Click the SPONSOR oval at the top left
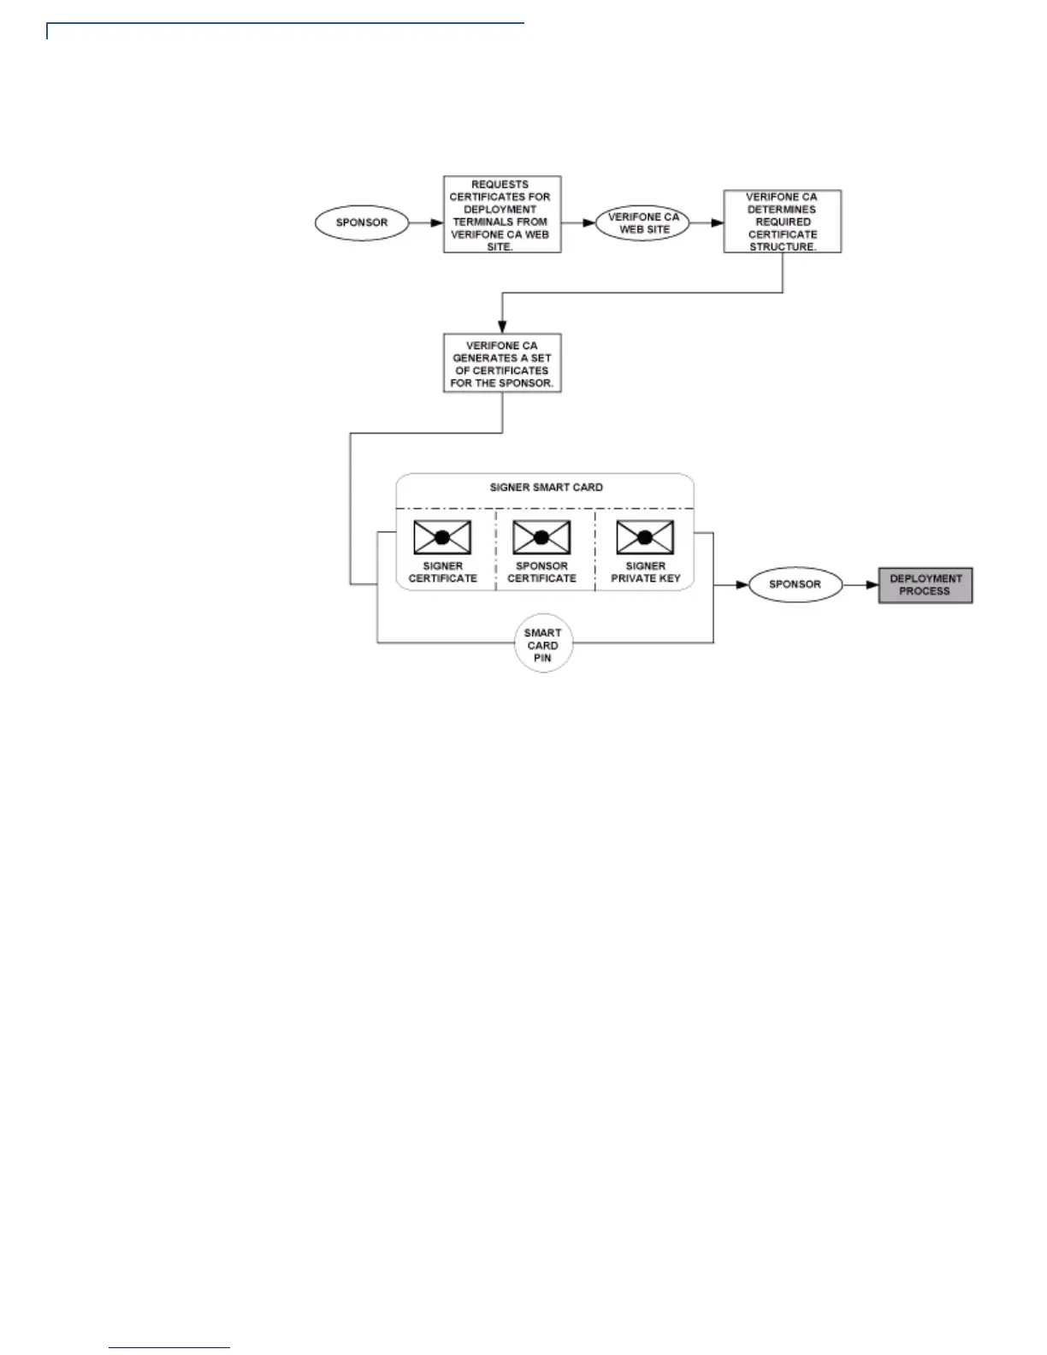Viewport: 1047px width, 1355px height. [362, 223]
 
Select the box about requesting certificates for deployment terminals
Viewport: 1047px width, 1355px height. [502, 215]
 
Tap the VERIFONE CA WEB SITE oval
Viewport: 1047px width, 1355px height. [643, 223]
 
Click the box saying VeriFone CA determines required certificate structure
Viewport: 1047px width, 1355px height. [782, 222]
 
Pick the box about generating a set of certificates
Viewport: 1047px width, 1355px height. [502, 364]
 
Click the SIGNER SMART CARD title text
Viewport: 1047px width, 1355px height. [546, 488]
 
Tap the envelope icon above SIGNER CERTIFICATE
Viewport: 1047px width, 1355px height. [442, 537]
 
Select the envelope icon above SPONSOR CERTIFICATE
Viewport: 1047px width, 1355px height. [541, 537]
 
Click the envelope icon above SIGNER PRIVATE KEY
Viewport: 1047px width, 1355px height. [645, 537]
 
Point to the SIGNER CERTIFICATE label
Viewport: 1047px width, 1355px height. [443, 572]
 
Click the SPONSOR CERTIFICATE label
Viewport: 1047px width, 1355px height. [541, 572]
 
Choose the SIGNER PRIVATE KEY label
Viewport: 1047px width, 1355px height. [645, 572]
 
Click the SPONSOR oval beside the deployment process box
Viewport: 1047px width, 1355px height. [795, 585]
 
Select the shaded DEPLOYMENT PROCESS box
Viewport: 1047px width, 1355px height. [926, 585]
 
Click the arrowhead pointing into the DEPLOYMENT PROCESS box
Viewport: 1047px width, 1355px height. [872, 585]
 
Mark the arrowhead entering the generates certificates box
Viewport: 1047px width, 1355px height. [502, 328]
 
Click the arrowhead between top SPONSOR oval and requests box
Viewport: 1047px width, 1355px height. [436, 223]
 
